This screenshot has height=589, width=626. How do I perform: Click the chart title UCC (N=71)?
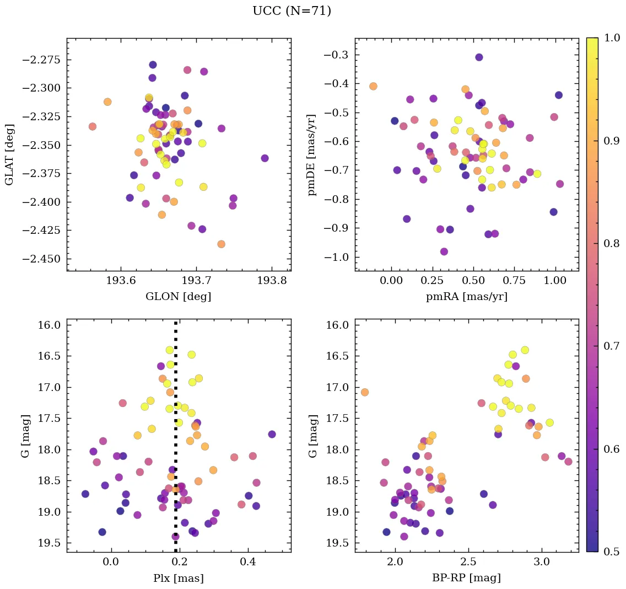(x=292, y=11)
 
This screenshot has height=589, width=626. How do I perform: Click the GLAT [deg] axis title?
(x=10, y=154)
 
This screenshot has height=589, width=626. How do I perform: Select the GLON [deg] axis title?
(x=179, y=296)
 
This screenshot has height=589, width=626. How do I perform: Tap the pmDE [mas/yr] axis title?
(x=312, y=154)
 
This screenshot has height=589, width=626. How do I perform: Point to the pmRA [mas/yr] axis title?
(x=467, y=296)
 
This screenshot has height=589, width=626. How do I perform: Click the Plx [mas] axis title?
(x=179, y=578)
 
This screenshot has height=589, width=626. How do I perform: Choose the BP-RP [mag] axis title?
(x=467, y=578)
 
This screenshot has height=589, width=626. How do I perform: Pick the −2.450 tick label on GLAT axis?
(x=42, y=259)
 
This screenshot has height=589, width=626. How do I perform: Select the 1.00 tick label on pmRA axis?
(x=555, y=281)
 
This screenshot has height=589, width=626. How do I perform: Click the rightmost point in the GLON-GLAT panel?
(x=265, y=158)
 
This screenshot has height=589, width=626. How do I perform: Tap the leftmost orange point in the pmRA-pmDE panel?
(x=373, y=86)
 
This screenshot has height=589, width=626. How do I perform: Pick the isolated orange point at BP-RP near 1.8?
(x=364, y=392)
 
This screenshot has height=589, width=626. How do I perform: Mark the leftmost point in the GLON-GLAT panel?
(x=92, y=126)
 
